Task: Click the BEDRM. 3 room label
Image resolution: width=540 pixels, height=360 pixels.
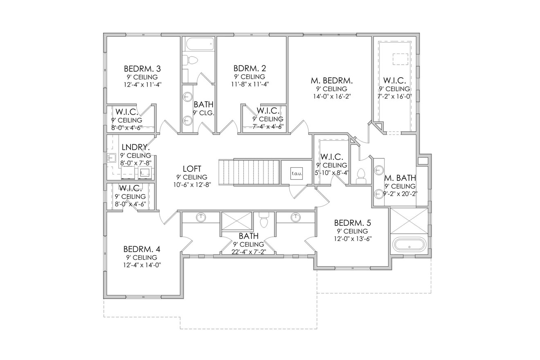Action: [142, 69]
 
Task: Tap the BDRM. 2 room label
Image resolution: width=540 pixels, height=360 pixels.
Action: [250, 68]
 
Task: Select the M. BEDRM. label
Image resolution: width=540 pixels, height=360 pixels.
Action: [331, 81]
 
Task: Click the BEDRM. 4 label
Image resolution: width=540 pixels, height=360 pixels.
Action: [142, 249]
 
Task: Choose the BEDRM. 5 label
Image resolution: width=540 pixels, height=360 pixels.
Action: [352, 223]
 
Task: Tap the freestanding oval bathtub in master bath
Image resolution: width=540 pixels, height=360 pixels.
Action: [409, 245]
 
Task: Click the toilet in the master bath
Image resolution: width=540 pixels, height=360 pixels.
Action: [361, 176]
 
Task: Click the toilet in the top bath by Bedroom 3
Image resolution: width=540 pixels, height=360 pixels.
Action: [190, 60]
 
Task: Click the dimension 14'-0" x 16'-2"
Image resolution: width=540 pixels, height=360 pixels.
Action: [331, 97]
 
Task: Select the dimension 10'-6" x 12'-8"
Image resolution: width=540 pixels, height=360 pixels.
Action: [191, 184]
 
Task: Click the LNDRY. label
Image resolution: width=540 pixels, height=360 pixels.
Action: [135, 147]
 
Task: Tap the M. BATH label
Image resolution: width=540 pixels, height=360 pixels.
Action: [400, 178]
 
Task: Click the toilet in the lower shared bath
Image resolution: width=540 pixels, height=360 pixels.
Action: [264, 220]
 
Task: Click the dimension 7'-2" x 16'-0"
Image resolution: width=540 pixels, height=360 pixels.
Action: [394, 96]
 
